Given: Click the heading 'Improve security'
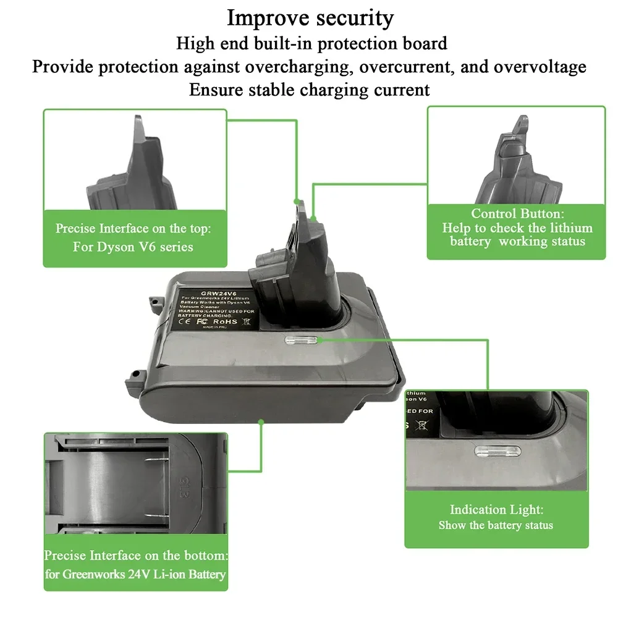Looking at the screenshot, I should click(x=310, y=18).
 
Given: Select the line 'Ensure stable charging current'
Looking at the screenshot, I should click(x=309, y=89).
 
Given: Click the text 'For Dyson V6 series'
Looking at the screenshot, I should click(x=133, y=247).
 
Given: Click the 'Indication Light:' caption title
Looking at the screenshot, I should click(x=496, y=510).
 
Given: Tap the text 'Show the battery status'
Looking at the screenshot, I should click(x=496, y=525).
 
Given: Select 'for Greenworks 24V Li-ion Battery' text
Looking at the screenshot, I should click(x=135, y=574).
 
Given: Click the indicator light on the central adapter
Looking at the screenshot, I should click(x=300, y=339).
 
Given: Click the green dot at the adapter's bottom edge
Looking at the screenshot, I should click(x=261, y=422).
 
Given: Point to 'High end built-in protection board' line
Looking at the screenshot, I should click(x=311, y=43).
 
